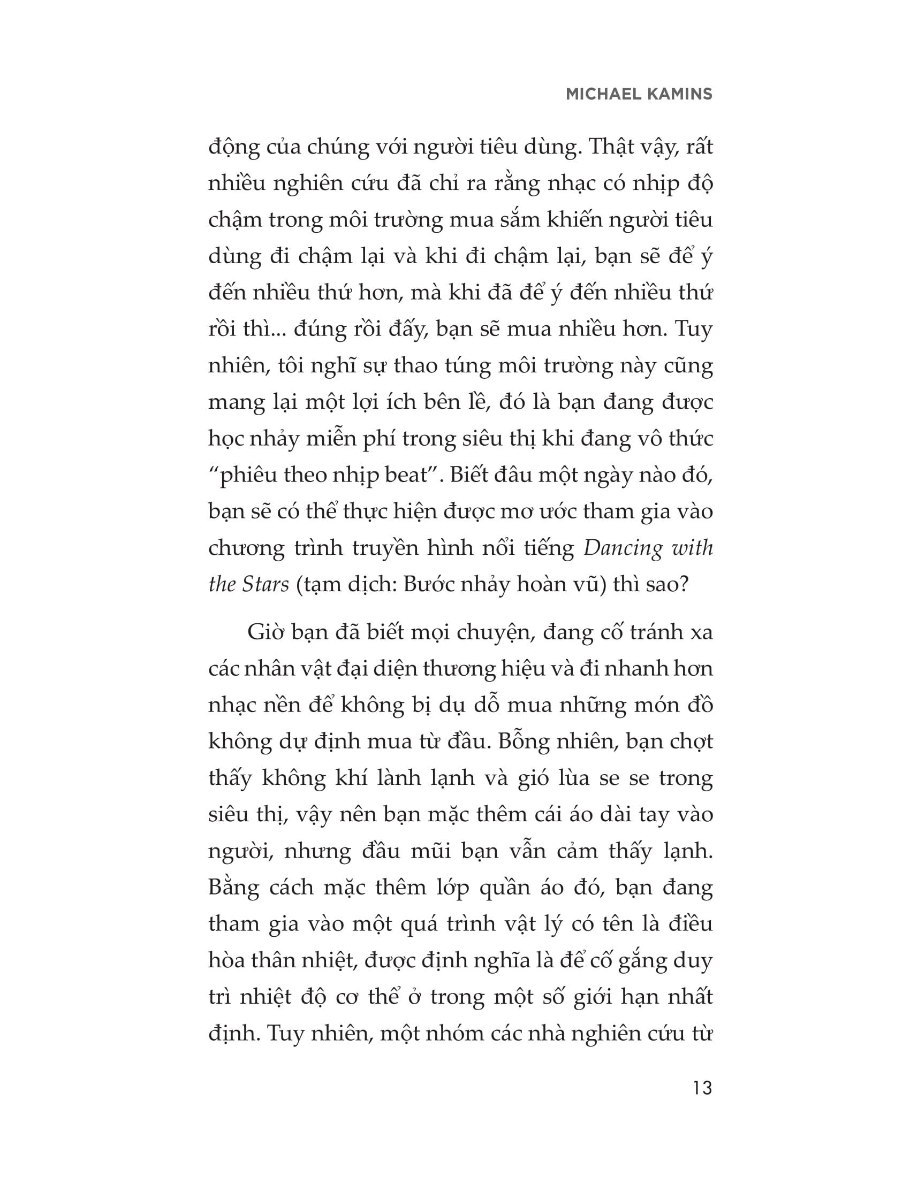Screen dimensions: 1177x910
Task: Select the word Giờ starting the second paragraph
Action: (267, 632)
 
